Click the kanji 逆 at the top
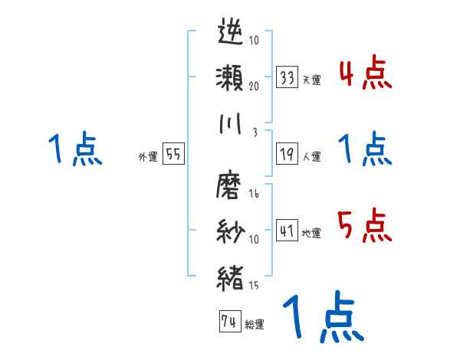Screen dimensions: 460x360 pos(231,34)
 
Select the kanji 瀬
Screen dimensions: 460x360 pos(231,79)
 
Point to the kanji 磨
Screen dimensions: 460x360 pos(231,188)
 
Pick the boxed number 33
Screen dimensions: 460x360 pos(287,77)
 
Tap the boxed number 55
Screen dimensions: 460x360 pos(174,154)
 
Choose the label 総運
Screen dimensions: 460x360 pos(254,325)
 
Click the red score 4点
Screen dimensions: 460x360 pos(365,74)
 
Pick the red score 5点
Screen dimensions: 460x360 pos(365,225)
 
